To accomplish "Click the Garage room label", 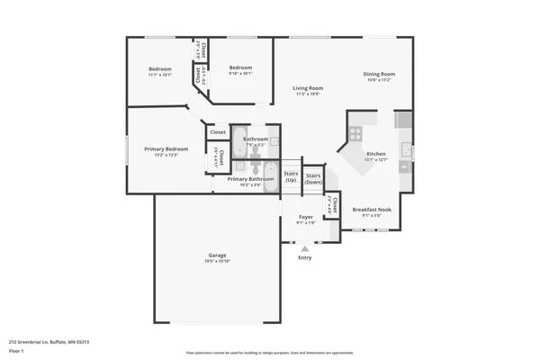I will point(217,256).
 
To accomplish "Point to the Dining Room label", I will point(379,74).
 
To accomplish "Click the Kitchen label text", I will point(375,154).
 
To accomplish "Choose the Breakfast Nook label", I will point(372,209).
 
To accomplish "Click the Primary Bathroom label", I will point(250,179).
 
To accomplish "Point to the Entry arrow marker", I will point(304,248).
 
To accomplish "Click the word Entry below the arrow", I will point(304,257).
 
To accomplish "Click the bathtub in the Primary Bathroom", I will point(242,141).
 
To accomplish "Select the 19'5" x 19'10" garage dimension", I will point(217,261).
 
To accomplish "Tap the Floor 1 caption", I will point(16,349).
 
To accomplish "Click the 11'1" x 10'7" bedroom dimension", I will point(160,75).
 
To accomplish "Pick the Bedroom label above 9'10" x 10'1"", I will point(240,68).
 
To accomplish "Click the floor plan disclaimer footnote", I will point(269,353).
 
